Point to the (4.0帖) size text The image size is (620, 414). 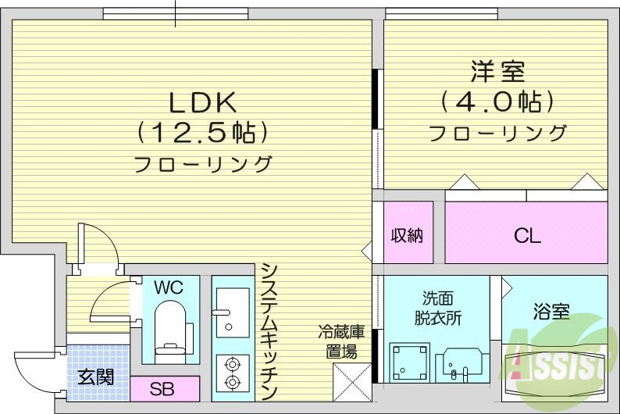pos(497,102)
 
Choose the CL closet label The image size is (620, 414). pos(527,235)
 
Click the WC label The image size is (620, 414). pos(168,287)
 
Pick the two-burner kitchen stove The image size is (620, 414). pos(231,373)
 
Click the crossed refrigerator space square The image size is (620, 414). pos(351,380)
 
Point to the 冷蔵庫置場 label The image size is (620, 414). pos(341,342)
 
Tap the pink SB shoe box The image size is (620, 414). pos(162,387)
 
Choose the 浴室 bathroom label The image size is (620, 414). pos(551,312)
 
